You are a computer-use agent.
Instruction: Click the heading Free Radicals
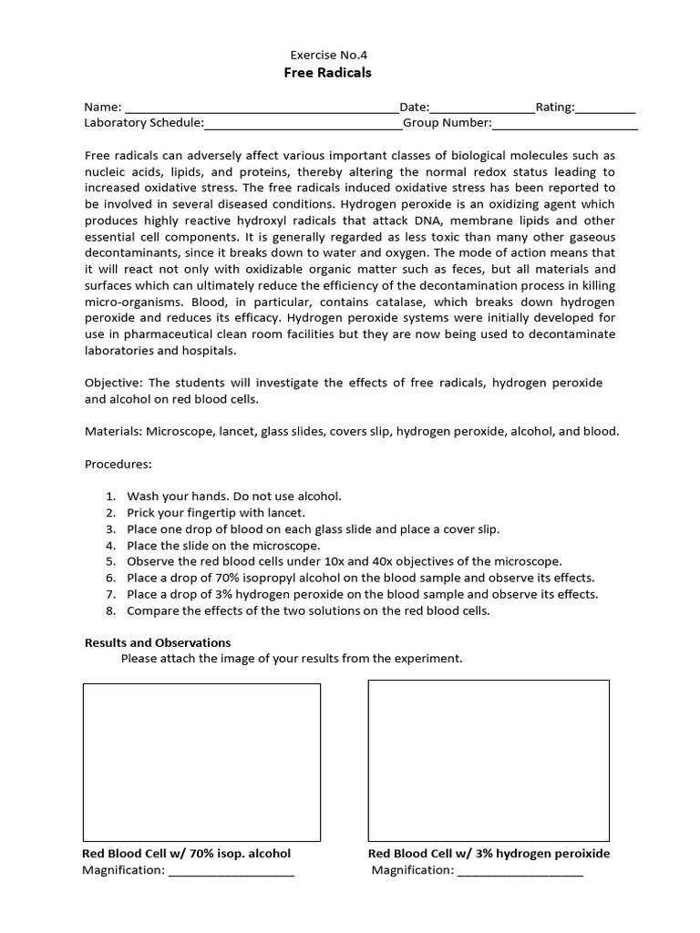point(328,73)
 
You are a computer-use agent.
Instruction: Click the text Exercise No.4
point(328,55)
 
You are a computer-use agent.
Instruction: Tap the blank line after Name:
point(262,108)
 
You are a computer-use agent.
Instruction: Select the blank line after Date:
point(482,108)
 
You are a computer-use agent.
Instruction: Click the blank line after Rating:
point(605,108)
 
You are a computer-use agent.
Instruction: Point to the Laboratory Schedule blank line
point(303,123)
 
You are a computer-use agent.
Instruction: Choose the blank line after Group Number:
point(564,123)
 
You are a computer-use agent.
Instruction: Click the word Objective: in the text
point(112,383)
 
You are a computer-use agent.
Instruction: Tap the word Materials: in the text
point(113,431)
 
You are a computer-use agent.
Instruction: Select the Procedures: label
point(118,464)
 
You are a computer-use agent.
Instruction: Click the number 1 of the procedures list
point(109,497)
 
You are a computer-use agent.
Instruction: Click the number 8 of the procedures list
point(109,611)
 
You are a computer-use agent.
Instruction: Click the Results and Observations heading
point(158,642)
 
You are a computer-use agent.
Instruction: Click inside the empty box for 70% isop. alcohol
point(201,762)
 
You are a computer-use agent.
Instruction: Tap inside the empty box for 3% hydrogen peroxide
point(489,760)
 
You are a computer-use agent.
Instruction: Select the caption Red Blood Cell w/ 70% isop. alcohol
point(187,854)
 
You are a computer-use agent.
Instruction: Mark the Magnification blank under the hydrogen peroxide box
point(520,871)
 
